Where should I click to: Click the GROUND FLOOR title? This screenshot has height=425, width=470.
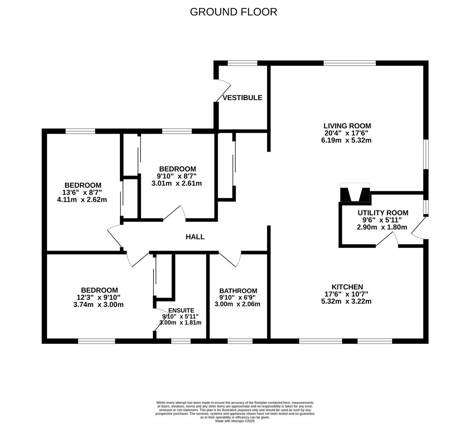click(x=233, y=12)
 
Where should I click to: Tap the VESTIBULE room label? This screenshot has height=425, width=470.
click(x=242, y=98)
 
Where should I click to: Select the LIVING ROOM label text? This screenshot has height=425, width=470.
click(x=347, y=126)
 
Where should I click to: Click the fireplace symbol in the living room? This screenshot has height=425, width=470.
click(x=355, y=193)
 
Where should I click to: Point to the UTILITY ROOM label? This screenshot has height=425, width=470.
click(x=383, y=213)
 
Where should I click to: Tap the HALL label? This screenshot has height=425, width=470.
click(x=195, y=237)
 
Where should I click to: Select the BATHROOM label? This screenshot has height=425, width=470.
click(x=238, y=291)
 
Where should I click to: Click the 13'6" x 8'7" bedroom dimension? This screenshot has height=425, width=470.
click(x=81, y=193)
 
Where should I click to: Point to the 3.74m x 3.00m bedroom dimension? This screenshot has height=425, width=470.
click(x=99, y=304)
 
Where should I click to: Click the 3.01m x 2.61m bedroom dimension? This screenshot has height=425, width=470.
click(x=176, y=183)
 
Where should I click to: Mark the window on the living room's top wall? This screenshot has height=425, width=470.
click(x=349, y=63)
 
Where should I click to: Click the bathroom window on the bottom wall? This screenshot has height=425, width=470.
click(x=240, y=341)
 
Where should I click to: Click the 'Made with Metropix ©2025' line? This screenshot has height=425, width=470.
click(x=235, y=421)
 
